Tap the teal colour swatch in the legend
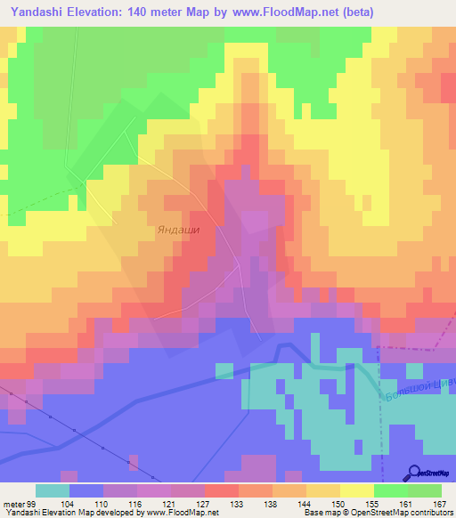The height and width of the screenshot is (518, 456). click(x=52, y=490)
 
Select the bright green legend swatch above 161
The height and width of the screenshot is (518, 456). click(x=390, y=490)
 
